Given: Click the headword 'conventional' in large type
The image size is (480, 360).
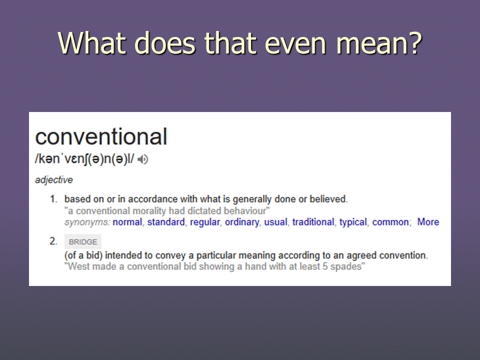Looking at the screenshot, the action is pyautogui.click(x=101, y=136).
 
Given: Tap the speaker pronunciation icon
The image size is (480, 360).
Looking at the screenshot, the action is pyautogui.click(x=142, y=159).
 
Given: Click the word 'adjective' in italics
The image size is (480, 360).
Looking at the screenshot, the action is pyautogui.click(x=54, y=179).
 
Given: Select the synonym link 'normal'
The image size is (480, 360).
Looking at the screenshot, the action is pyautogui.click(x=127, y=222).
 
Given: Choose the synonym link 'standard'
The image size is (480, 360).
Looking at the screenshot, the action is pyautogui.click(x=166, y=222).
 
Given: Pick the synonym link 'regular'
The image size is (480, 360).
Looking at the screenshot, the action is pyautogui.click(x=205, y=222).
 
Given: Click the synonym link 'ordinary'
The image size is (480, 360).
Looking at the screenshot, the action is pyautogui.click(x=242, y=222).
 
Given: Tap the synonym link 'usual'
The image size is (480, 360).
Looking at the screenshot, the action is pyautogui.click(x=275, y=222).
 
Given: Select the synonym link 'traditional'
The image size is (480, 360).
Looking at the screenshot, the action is pyautogui.click(x=313, y=222).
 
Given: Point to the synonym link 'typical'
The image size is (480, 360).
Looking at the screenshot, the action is pyautogui.click(x=353, y=222).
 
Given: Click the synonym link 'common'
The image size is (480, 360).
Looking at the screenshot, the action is pyautogui.click(x=390, y=222).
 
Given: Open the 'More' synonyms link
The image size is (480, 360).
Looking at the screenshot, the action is pyautogui.click(x=428, y=222).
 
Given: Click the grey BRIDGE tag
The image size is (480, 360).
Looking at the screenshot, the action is pyautogui.click(x=82, y=241).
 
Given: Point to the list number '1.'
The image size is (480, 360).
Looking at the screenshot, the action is pyautogui.click(x=53, y=199).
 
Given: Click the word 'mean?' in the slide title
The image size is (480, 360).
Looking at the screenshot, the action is pyautogui.click(x=379, y=43).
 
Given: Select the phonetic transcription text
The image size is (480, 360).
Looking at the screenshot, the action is pyautogui.click(x=84, y=159).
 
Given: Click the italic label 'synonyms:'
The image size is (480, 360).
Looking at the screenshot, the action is pyautogui.click(x=87, y=222).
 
